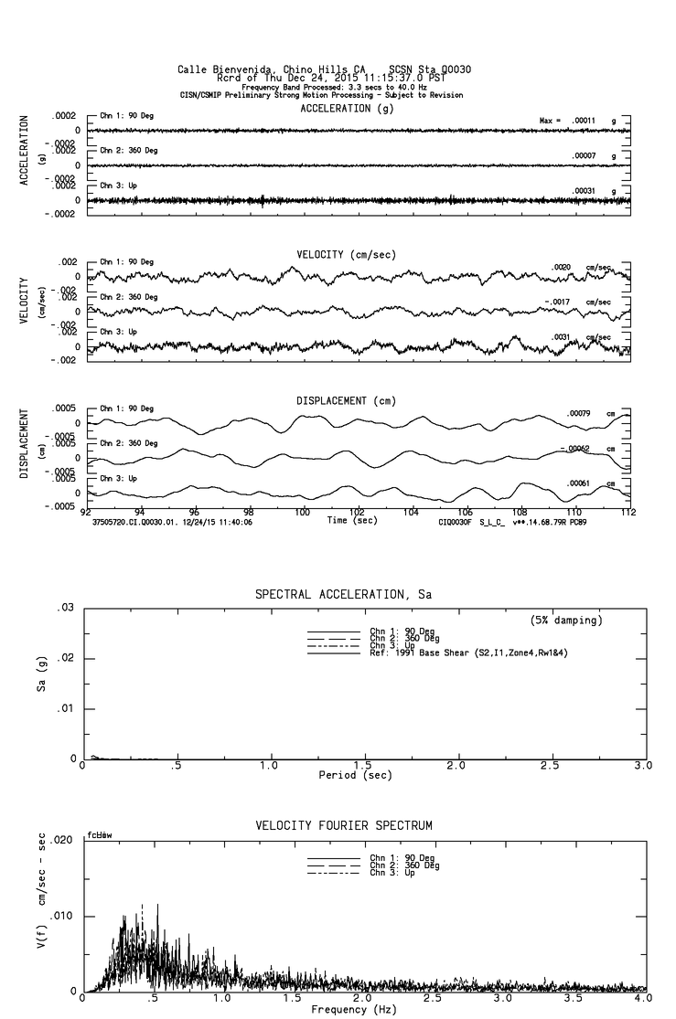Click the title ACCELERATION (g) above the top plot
[348, 108]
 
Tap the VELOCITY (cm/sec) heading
[347, 254]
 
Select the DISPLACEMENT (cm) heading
[344, 400]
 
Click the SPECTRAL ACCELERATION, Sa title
[343, 595]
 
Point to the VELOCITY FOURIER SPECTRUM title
[344, 826]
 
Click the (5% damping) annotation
[566, 621]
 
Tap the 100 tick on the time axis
[302, 513]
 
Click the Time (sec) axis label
[351, 520]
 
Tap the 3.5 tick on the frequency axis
[579, 1000]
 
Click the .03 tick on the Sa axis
[65, 608]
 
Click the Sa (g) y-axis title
[41, 683]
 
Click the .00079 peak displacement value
[579, 414]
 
